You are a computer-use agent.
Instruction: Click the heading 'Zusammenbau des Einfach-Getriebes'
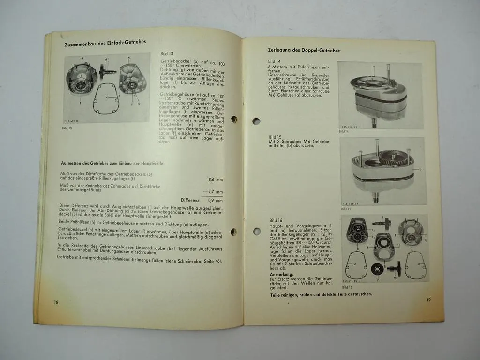point(105,42)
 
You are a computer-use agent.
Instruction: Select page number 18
point(56,302)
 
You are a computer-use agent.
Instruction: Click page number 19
point(428,300)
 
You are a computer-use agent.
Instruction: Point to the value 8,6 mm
point(215,179)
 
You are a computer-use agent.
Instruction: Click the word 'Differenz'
point(190,200)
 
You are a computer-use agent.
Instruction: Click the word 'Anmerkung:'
point(282,274)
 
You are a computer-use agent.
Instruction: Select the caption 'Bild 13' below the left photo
point(67,127)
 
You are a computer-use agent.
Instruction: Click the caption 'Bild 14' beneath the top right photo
point(344,131)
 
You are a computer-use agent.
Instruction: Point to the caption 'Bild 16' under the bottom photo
point(347,287)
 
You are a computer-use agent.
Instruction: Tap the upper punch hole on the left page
point(234,119)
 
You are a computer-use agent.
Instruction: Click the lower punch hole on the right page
point(257,231)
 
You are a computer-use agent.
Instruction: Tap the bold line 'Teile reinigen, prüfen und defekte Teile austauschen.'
point(321,294)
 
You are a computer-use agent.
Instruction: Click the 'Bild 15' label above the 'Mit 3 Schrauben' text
point(276,137)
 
